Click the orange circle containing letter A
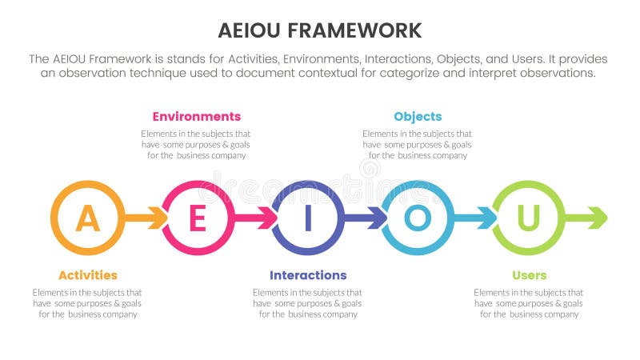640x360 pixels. point(87,218)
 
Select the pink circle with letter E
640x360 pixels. point(198,218)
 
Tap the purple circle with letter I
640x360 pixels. point(307,218)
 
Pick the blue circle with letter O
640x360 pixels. point(418,218)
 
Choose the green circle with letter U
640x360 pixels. point(527,218)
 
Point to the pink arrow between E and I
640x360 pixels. point(256,218)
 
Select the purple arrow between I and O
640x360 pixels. point(366,218)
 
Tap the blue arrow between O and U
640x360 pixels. point(476,218)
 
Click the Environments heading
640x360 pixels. point(196,117)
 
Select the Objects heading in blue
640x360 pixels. point(417,117)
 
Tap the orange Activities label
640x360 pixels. point(87,275)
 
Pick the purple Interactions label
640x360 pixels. point(307,275)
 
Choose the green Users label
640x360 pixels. point(528,275)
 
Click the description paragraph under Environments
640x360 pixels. point(196,144)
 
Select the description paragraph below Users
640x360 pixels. point(528,303)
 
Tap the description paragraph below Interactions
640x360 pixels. point(307,303)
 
